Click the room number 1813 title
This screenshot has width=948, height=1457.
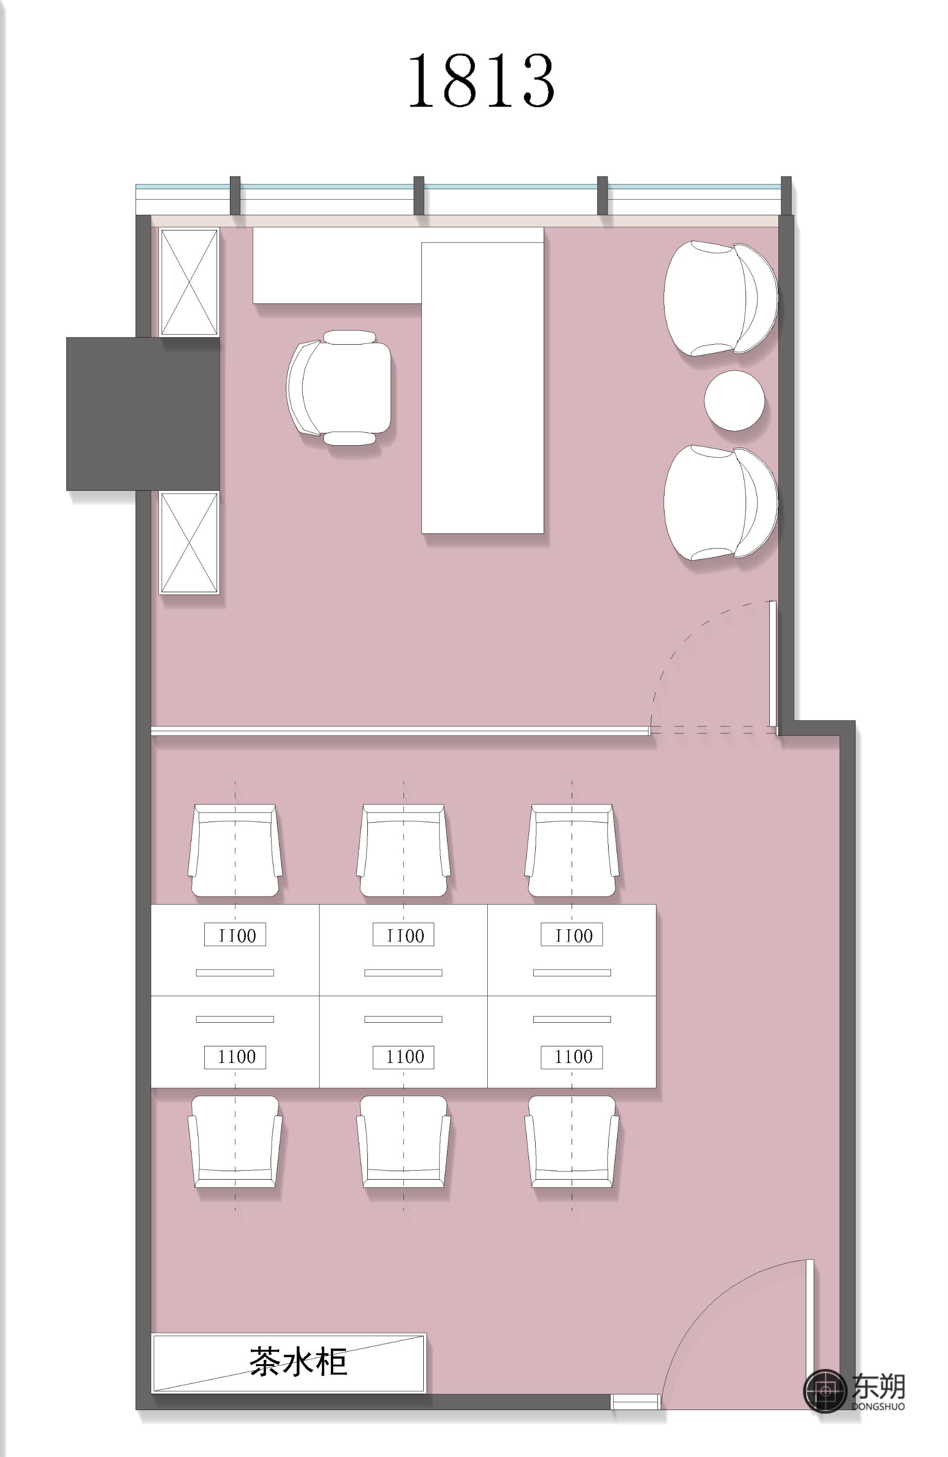[x=481, y=80]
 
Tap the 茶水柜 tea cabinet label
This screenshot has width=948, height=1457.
[x=298, y=1362]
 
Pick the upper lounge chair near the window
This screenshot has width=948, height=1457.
[x=720, y=298]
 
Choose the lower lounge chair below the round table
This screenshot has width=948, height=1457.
[x=720, y=503]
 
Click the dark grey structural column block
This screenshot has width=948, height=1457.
[x=143, y=413]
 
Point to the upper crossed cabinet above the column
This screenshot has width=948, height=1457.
[x=189, y=282]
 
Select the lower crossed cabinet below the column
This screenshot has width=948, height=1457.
[x=189, y=542]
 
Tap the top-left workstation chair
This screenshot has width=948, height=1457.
[x=235, y=850]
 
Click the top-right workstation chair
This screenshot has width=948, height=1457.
[x=572, y=850]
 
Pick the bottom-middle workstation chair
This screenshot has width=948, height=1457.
[x=403, y=1142]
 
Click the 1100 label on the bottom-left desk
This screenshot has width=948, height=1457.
[x=235, y=1057]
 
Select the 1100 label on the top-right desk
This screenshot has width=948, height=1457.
[x=572, y=934]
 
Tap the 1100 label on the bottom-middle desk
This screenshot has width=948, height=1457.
[x=403, y=1057]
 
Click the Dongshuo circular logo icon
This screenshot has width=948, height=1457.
[x=825, y=1391]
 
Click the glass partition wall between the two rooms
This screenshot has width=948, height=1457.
[x=400, y=730]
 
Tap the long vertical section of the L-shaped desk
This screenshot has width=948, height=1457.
[x=482, y=387]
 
